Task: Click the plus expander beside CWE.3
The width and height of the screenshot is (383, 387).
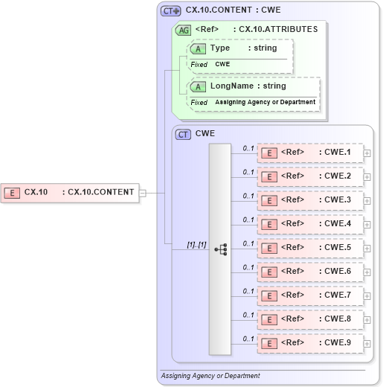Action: [367, 200]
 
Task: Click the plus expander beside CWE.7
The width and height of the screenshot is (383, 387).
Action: [367, 295]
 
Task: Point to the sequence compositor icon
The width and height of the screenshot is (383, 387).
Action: [221, 249]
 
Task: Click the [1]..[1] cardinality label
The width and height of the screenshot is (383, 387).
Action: [196, 244]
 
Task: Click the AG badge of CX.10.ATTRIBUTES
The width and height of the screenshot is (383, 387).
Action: [183, 30]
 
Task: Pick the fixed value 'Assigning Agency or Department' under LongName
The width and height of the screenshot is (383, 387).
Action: [265, 102]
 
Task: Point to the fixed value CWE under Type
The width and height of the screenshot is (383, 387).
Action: [222, 65]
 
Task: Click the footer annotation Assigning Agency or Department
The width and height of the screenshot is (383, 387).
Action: [210, 376]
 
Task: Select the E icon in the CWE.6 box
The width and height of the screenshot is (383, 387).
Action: [271, 272]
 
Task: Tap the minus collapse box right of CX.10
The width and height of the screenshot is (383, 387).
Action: [143, 193]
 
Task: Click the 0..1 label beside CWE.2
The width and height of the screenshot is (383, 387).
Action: [248, 172]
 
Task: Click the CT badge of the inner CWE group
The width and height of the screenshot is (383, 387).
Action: [183, 135]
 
